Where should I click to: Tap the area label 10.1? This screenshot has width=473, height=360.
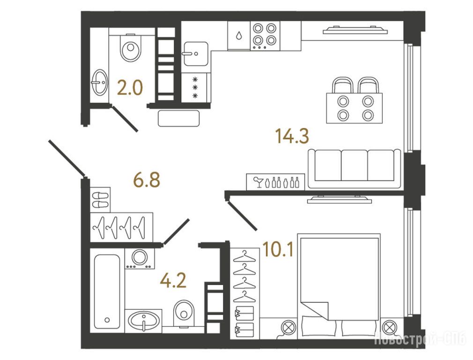[278, 249]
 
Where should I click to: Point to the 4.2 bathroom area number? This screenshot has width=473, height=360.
[173, 280]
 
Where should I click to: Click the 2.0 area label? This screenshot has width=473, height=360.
[130, 88]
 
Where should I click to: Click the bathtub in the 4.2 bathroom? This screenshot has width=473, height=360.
[106, 292]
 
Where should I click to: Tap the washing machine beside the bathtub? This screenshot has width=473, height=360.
[140, 259]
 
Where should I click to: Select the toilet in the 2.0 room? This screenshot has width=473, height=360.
[130, 48]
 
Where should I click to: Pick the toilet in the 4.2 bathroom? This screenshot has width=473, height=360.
[184, 313]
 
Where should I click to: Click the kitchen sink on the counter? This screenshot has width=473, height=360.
[196, 54]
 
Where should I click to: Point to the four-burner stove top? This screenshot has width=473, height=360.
[265, 35]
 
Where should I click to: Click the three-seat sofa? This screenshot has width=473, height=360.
[355, 169]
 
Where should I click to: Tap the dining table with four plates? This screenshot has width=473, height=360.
[355, 108]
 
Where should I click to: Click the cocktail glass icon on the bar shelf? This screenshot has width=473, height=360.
[258, 182]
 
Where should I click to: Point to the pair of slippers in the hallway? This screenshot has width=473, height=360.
[100, 200]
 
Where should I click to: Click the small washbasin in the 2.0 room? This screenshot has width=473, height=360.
[99, 82]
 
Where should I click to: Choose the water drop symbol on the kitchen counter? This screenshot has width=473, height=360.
[239, 36]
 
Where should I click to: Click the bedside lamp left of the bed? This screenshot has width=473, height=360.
[288, 327]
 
